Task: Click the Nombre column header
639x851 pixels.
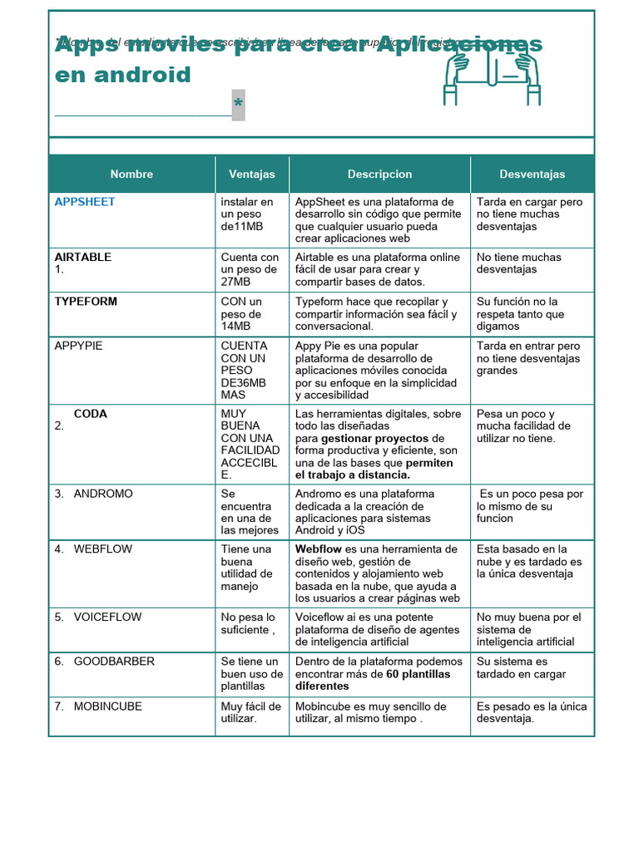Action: [x=131, y=175]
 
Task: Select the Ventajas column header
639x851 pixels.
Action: [x=251, y=175]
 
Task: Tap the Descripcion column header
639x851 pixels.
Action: [x=379, y=175]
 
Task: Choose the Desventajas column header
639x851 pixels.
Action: [x=532, y=175]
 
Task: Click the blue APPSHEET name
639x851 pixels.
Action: [x=85, y=202]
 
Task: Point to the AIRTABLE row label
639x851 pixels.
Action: [x=82, y=257]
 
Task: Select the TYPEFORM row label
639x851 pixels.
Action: [x=86, y=302]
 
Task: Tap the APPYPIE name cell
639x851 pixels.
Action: [x=78, y=346]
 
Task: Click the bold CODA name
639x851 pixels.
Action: [x=90, y=414]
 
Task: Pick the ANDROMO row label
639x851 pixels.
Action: [x=102, y=494]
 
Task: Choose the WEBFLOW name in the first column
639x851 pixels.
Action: [x=102, y=549]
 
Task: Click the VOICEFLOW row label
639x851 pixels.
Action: [x=107, y=617]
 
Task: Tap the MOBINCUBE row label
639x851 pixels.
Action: [x=107, y=706]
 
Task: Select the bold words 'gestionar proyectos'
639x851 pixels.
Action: [x=374, y=438]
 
